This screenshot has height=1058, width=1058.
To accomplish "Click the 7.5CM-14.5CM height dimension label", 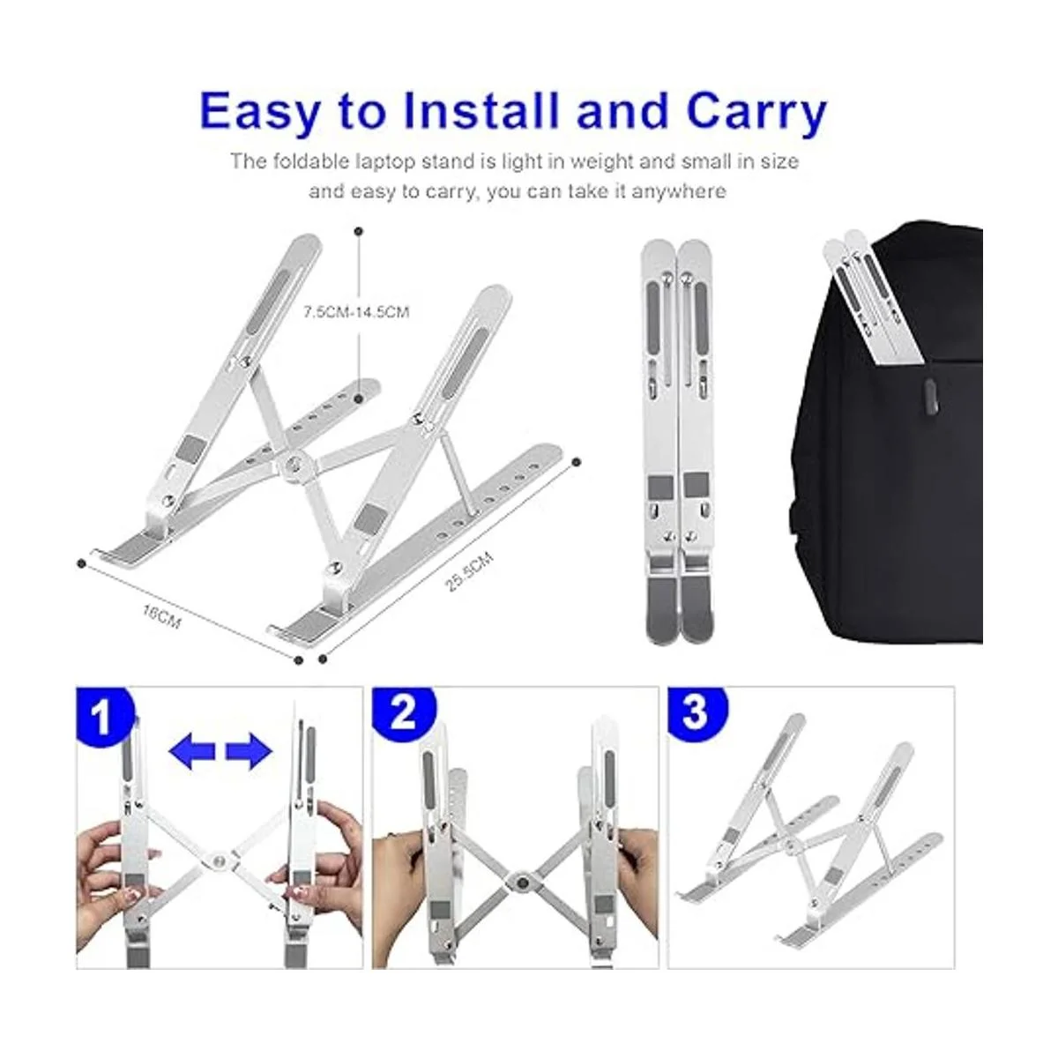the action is [356, 312].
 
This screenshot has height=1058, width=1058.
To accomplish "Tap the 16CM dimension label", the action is [161, 616].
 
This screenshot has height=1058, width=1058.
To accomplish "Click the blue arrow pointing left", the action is [191, 751].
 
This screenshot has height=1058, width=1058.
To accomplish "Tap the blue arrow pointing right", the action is [249, 751].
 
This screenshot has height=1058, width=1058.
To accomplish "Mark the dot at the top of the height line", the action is [359, 232].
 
